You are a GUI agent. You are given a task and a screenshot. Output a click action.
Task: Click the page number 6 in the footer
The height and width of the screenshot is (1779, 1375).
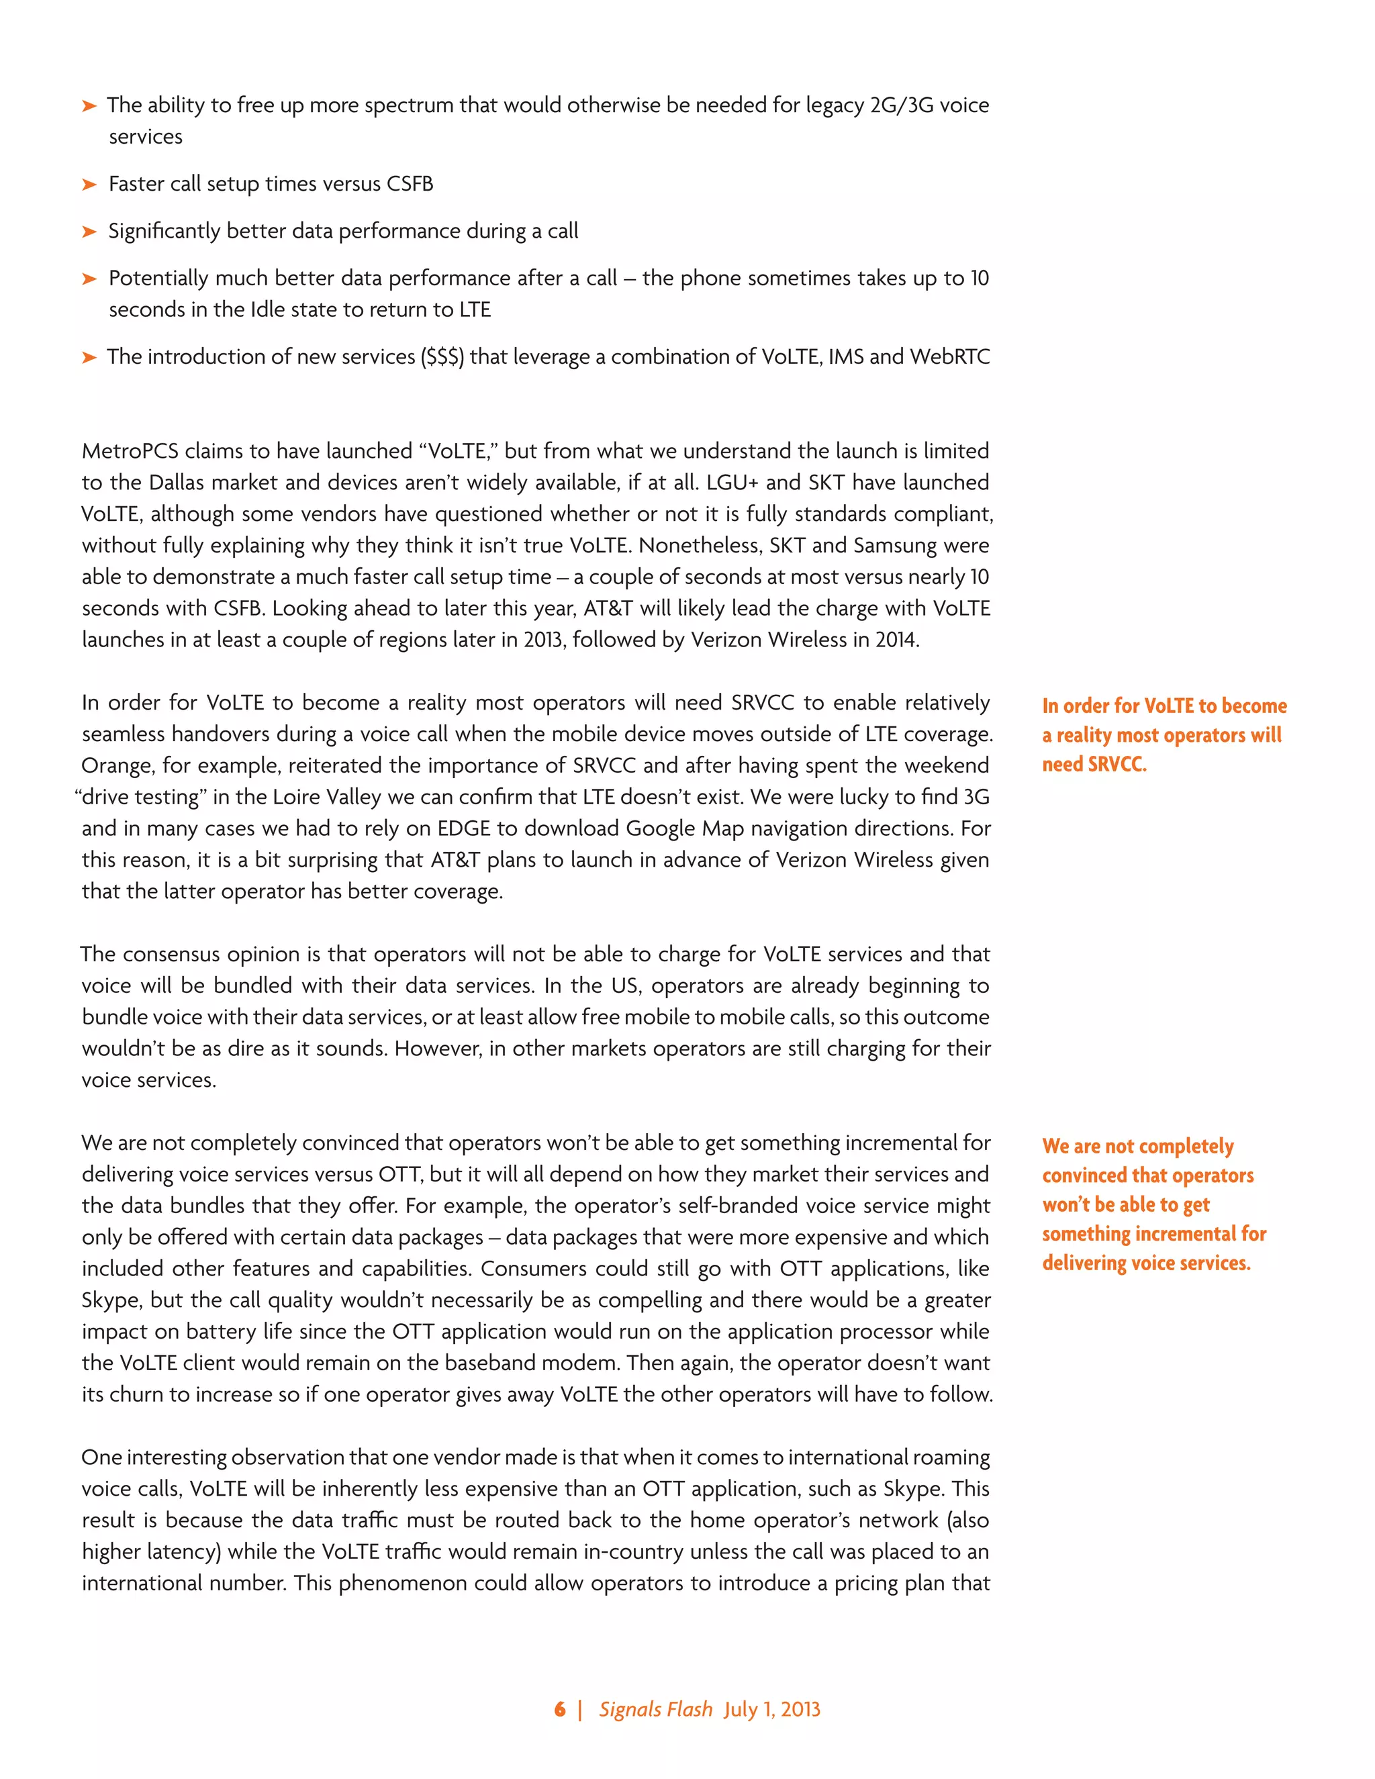pyautogui.click(x=560, y=1710)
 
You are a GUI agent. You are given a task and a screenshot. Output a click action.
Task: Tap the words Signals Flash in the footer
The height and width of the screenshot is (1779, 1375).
pyautogui.click(x=656, y=1710)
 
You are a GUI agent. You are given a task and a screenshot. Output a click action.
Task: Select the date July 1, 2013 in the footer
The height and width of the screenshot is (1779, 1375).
pyautogui.click(x=772, y=1710)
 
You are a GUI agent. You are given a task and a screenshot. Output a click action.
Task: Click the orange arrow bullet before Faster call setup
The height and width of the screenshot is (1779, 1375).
pyautogui.click(x=89, y=185)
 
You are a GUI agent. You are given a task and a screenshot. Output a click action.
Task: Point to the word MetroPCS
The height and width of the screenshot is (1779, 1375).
pyautogui.click(x=130, y=451)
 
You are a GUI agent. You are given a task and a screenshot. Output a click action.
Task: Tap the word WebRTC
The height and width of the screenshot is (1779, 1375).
pyautogui.click(x=950, y=356)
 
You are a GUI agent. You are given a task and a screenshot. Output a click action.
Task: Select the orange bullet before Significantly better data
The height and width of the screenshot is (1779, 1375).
pyautogui.click(x=89, y=232)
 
